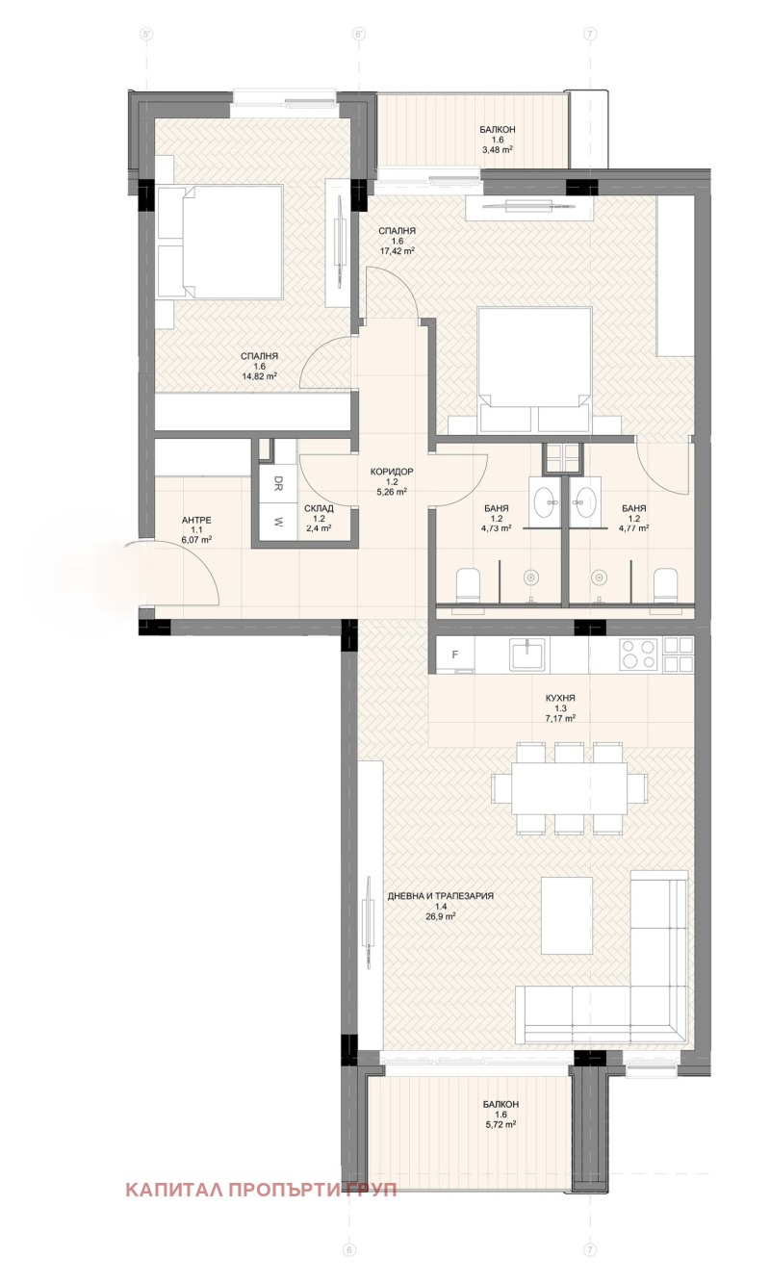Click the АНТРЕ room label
click(196, 520)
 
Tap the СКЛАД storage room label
click(320, 508)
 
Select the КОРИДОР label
click(392, 472)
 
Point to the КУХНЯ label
click(560, 698)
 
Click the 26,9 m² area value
click(441, 916)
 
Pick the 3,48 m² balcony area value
click(498, 149)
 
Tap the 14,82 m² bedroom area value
click(260, 376)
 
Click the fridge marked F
click(455, 654)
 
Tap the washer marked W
click(278, 523)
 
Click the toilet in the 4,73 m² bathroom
click(468, 585)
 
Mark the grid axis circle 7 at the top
click(589, 35)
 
